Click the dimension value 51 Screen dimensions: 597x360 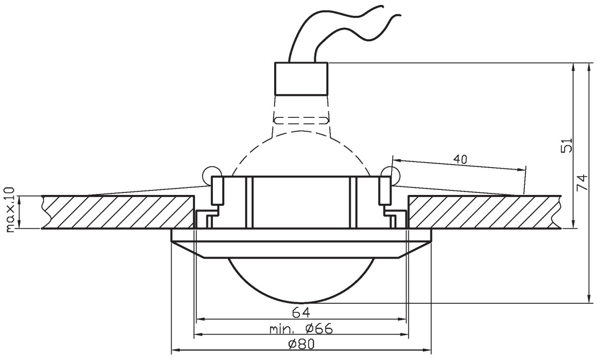(x=566, y=145)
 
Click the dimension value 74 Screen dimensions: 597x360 (x=582, y=182)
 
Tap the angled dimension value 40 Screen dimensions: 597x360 (x=460, y=159)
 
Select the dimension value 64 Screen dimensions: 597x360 (x=301, y=313)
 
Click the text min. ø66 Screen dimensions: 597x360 (x=301, y=329)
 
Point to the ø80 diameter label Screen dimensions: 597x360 (x=301, y=344)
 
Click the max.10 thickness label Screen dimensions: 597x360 (x=9, y=210)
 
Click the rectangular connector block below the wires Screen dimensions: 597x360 (x=301, y=79)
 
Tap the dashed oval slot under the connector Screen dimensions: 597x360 (x=301, y=120)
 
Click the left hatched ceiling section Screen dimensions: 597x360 (x=118, y=212)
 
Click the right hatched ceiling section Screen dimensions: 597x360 (x=485, y=212)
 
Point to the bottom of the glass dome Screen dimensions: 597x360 (x=300, y=303)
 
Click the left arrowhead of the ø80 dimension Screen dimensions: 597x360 (x=174, y=350)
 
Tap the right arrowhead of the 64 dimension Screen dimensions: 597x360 (x=402, y=319)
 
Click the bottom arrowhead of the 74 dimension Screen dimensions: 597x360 (x=589, y=299)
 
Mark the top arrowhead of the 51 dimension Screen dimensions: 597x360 (x=573, y=67)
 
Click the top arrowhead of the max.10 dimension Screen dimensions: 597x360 (x=20, y=199)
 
